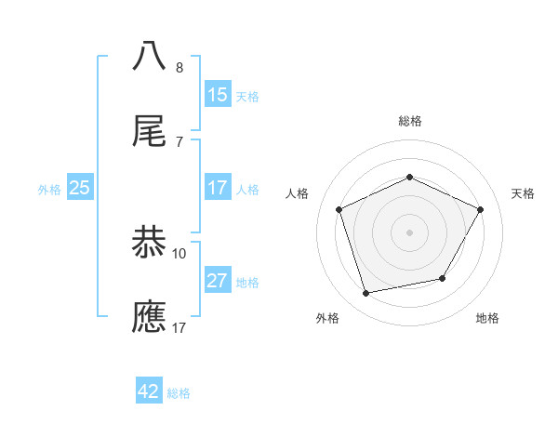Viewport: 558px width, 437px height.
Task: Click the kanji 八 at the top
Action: pos(149,55)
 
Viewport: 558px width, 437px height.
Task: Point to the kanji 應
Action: pos(149,317)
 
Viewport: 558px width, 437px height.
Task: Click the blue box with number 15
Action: pos(218,95)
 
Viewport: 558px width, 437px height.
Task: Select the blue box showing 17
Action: pos(218,188)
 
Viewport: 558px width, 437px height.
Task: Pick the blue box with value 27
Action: pos(218,281)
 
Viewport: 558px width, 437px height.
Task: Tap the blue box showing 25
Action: pos(80,188)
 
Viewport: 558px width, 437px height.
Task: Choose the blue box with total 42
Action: pos(149,391)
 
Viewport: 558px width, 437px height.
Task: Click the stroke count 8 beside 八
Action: pos(179,68)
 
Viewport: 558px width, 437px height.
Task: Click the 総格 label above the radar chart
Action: pos(409,121)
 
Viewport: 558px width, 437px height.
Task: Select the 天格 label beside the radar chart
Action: pos(523,193)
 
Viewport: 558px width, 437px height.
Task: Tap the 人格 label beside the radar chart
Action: pos(297,193)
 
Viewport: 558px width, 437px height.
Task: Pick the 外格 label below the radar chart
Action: pos(327,319)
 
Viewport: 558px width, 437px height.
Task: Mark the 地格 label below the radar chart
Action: pos(487,319)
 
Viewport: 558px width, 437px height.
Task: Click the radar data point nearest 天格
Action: pos(481,209)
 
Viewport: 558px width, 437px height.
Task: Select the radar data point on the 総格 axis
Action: pos(409,177)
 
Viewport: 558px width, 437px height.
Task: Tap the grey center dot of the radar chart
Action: pos(409,232)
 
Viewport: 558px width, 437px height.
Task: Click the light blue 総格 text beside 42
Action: pos(179,393)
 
